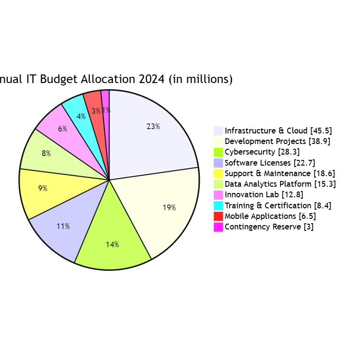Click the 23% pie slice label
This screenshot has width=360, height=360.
[x=153, y=127]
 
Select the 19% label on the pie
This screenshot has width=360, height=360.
[x=169, y=208]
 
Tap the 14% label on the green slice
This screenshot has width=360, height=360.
[x=112, y=244]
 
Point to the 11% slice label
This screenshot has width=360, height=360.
[x=63, y=226]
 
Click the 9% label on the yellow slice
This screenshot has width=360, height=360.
[x=43, y=189]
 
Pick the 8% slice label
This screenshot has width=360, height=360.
[x=46, y=154]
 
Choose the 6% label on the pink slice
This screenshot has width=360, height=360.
[x=62, y=129]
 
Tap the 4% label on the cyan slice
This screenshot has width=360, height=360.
[x=81, y=116]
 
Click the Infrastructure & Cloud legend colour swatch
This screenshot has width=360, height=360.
[x=218, y=131]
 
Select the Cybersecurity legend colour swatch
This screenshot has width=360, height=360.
[x=218, y=152]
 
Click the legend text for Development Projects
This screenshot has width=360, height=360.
[x=277, y=141]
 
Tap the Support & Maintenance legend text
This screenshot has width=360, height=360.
[x=280, y=173]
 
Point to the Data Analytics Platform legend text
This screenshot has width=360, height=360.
[x=280, y=184]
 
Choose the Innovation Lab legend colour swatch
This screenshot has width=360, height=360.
[x=218, y=195]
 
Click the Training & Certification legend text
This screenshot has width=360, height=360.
[x=278, y=205]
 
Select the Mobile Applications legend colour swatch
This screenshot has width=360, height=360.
[x=218, y=216]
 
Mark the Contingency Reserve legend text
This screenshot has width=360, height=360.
[x=269, y=227]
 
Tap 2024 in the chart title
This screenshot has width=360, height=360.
[x=151, y=79]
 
